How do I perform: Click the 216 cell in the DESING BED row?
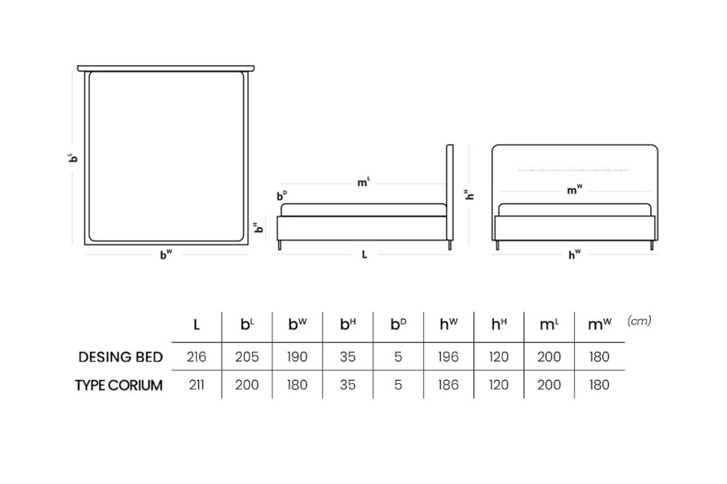coord(197,357)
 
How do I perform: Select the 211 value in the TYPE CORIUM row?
coord(197,385)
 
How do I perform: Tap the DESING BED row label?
coord(121,357)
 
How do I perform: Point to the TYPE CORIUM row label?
coord(119,385)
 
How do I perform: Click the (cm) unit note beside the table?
coord(639,320)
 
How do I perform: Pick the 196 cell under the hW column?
coord(449,357)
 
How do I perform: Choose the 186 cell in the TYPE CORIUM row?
coord(449,385)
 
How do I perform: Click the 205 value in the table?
coord(247,357)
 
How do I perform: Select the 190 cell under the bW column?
coord(297,357)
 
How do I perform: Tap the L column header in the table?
coord(197,325)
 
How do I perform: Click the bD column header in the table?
coord(398,324)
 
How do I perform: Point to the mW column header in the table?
coord(600,324)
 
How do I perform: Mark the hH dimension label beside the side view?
coord(469,195)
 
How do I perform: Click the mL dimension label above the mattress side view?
coord(363,182)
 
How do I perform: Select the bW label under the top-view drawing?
coord(166,254)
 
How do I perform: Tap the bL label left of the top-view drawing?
coord(73,158)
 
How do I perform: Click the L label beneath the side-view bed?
coord(364,254)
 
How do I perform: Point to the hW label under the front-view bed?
coord(574,254)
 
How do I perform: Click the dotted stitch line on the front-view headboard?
coord(573,170)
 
